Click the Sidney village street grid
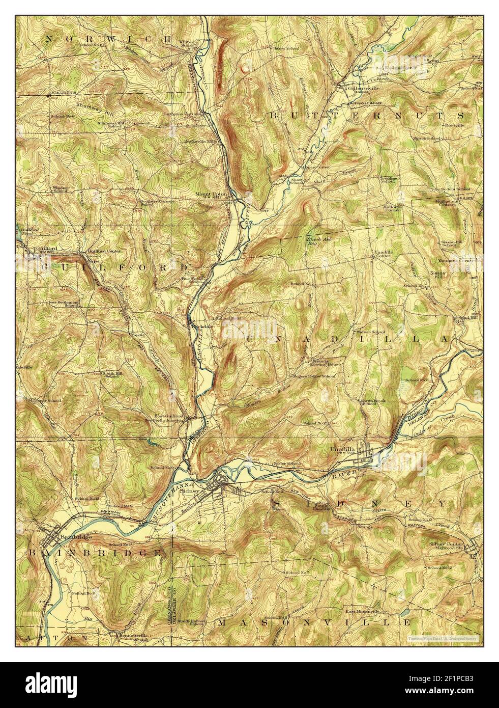(225, 484)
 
